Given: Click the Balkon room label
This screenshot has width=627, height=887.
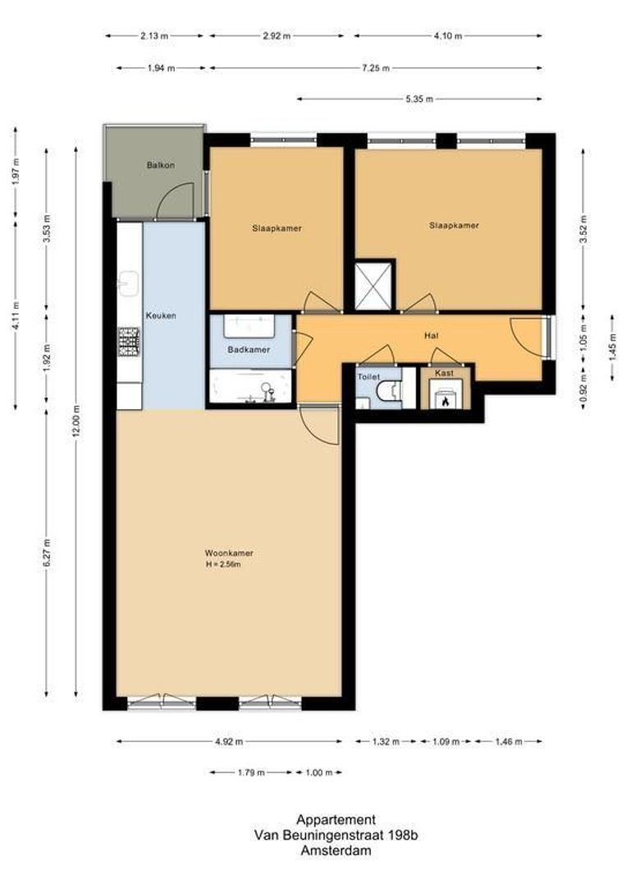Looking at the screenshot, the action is coord(161,165).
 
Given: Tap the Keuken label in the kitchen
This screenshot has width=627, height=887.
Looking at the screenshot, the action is coord(161,315).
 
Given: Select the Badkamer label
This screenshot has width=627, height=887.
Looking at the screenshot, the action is coord(249,350).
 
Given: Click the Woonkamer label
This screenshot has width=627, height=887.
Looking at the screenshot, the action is coord(229,553).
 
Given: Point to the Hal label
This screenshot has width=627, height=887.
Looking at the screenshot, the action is coord(432,335).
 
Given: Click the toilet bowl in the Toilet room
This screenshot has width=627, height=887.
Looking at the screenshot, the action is coord(390,391).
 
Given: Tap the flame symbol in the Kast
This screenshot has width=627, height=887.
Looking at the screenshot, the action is coord(445,401).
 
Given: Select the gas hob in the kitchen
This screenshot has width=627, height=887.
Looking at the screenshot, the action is coord(128,342).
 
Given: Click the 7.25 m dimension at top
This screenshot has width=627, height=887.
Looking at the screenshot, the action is coord(376,68).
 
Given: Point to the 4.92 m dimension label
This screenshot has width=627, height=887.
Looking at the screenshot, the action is coord(229,741).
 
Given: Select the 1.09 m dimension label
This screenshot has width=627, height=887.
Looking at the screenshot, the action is coord(446,741).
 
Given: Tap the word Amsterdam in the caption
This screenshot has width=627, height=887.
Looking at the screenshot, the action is coord(336,850).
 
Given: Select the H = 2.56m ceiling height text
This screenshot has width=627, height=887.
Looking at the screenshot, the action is coord(223,564).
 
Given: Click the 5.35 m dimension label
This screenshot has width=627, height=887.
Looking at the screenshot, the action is coord(419,99).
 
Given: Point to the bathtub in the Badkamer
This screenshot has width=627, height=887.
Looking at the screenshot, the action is coord(249,386).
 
